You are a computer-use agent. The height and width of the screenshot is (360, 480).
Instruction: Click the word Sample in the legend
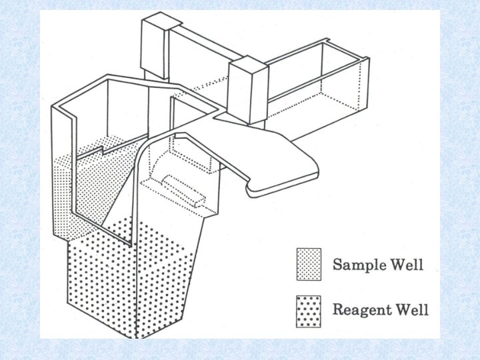point(358,264)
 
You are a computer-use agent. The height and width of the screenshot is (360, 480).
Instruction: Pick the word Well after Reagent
point(410,309)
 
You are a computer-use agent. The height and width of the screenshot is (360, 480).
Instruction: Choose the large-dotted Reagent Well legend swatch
point(309,309)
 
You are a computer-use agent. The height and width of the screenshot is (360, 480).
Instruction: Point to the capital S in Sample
point(337,264)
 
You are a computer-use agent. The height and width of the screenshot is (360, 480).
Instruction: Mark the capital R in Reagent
point(338,309)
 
